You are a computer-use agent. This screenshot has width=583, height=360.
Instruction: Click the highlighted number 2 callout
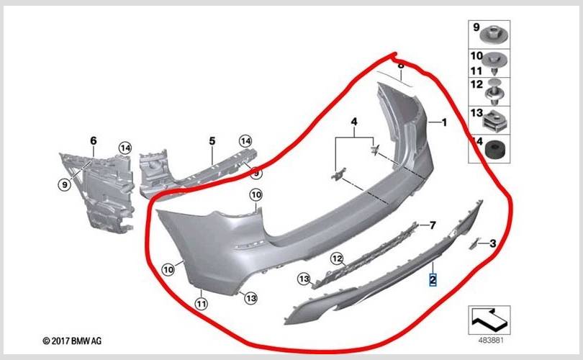coord(433,279)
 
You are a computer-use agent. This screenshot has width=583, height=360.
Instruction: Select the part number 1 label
coord(444,122)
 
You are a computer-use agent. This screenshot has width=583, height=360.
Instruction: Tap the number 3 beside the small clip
coord(492,243)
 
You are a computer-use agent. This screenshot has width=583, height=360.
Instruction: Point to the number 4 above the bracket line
coord(354,122)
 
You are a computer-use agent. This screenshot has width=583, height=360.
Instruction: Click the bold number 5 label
coord(212,141)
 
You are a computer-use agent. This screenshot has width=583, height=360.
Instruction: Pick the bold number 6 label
coord(94,140)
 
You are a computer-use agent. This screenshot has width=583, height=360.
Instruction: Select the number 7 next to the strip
coord(433,225)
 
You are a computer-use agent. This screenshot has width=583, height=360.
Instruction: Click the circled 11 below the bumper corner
coord(201,304)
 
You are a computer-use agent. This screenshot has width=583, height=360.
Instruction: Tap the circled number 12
coord(337,258)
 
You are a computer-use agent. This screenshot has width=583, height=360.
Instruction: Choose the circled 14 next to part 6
coord(125,148)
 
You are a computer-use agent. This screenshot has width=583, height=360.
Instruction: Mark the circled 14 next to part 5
coord(245,141)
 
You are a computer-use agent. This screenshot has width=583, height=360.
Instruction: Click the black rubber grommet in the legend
coord(494,149)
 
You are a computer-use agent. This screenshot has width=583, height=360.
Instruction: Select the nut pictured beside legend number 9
coord(494,34)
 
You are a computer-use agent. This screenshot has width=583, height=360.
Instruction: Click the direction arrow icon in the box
coord(489,320)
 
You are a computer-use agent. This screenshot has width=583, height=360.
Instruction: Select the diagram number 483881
coord(491,340)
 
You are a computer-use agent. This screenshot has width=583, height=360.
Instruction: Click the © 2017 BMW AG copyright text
coord(72,341)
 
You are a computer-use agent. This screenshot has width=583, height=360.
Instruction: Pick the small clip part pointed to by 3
coord(474,243)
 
